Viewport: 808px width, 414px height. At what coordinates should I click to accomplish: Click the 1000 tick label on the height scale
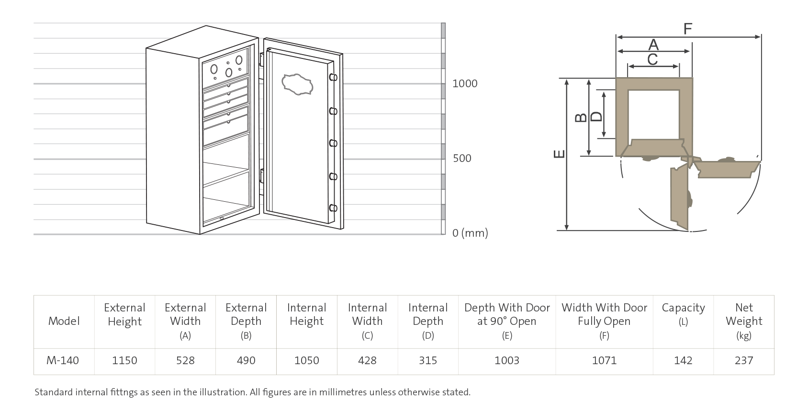[x=465, y=83]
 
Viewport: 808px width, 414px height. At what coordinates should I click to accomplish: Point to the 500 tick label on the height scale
[x=462, y=158]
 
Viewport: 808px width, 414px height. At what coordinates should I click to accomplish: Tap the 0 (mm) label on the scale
[x=470, y=233]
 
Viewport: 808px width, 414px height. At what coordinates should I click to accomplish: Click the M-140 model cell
[x=63, y=360]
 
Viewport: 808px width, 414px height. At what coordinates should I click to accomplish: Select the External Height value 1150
[x=124, y=360]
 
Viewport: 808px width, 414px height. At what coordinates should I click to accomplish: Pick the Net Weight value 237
[x=744, y=360]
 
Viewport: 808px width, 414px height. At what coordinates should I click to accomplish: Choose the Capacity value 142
[x=683, y=360]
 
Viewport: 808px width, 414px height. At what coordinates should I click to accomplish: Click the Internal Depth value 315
[x=428, y=360]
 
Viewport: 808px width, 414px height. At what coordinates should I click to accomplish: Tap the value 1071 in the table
[x=604, y=360]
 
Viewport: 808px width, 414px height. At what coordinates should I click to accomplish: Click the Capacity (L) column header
[x=683, y=314]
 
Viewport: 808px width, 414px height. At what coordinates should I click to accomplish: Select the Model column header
[x=64, y=321]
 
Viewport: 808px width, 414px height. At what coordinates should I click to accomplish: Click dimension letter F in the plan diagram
[x=688, y=29]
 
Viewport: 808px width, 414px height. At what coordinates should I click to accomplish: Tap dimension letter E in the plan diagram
[x=559, y=154]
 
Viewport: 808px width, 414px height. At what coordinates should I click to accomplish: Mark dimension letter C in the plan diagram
[x=652, y=59]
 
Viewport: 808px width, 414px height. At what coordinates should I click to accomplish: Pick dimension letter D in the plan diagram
[x=596, y=116]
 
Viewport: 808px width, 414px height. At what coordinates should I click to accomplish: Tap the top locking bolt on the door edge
[x=333, y=78]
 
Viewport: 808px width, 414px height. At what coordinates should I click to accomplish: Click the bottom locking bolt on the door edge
[x=333, y=208]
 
